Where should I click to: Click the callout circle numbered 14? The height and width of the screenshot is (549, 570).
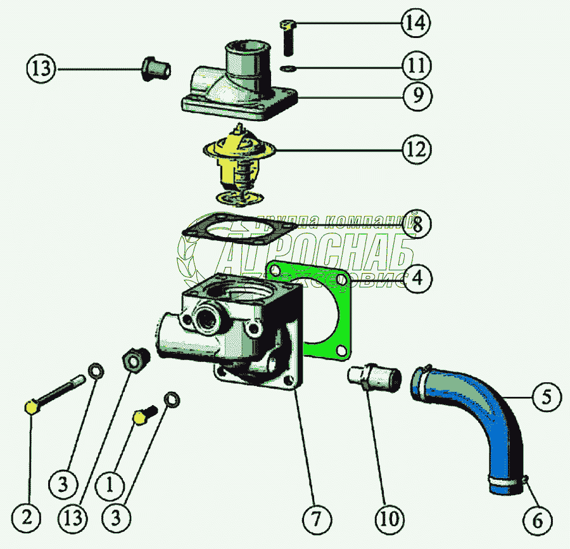pos(415,23)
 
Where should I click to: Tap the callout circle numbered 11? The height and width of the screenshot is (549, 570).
pos(415,66)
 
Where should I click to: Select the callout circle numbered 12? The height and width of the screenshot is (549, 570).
pos(415,150)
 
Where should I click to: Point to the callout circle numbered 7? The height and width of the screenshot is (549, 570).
pos(315,519)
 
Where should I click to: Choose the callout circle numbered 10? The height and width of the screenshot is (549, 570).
pos(389,519)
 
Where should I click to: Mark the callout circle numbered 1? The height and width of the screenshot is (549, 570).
pos(110,486)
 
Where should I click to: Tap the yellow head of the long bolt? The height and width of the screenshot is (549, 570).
pos(31,407)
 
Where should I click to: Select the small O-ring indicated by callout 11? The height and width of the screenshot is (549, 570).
pos(287,68)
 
